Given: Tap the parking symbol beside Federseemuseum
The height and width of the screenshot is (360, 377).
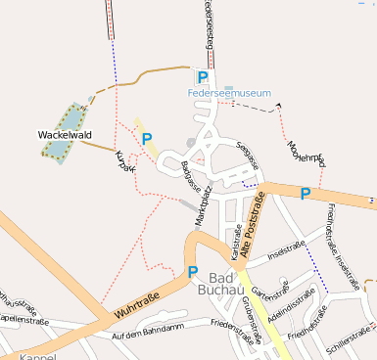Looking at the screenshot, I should click(203, 77).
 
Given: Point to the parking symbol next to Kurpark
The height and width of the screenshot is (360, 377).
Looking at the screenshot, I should click(147, 139).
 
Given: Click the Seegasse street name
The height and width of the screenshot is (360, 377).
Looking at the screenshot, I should click(248, 156).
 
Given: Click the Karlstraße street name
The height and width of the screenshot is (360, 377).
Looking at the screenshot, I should click(236, 242).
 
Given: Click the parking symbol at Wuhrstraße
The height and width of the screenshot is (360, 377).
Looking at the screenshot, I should click(193, 272).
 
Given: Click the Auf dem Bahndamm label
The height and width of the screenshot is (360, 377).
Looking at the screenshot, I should click(147, 334).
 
